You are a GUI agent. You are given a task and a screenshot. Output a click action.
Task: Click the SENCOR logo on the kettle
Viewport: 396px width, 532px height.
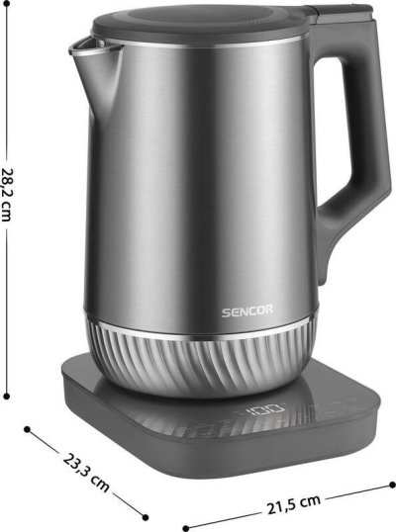pos(247,311)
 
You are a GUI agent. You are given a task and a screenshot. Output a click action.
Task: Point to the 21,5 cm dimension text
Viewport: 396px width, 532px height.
pos(294,504)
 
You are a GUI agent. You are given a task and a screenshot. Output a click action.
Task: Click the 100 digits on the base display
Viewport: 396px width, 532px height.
pos(266,409)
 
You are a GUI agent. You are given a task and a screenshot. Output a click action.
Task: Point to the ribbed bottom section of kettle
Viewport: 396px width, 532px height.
pos(199,363)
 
